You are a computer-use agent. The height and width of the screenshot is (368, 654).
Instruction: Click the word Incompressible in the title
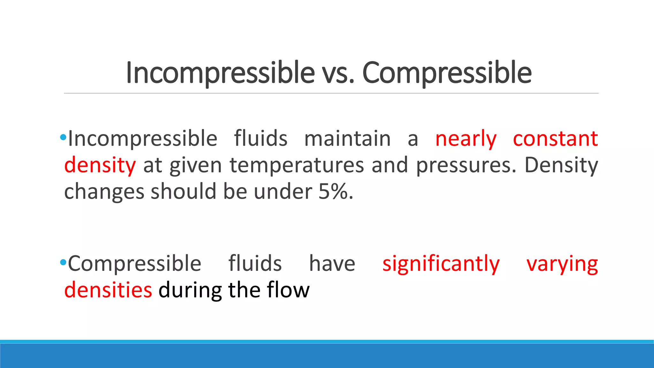(x=220, y=73)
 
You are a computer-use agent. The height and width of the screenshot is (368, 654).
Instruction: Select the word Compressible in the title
(x=447, y=73)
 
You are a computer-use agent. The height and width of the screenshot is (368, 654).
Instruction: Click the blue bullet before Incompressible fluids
(x=63, y=138)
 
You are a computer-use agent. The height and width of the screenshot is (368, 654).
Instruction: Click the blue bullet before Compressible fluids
(x=63, y=263)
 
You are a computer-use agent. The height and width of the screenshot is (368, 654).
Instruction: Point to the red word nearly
(x=466, y=139)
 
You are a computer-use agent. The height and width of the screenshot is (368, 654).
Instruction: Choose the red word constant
(x=555, y=139)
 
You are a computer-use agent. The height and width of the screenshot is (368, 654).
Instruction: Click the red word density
(x=100, y=165)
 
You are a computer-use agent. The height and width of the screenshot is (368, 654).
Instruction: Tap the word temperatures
(x=297, y=165)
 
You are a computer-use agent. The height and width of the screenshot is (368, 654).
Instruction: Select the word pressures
(x=466, y=165)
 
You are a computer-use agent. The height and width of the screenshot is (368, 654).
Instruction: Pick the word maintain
(x=347, y=139)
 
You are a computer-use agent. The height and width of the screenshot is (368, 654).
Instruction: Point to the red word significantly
(x=441, y=264)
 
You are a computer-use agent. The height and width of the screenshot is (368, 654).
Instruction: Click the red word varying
(x=562, y=264)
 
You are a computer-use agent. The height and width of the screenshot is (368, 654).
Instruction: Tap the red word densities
(x=108, y=290)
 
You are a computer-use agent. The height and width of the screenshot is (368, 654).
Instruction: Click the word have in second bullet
(x=332, y=264)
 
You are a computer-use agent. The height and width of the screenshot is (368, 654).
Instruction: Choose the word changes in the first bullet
(x=104, y=192)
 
